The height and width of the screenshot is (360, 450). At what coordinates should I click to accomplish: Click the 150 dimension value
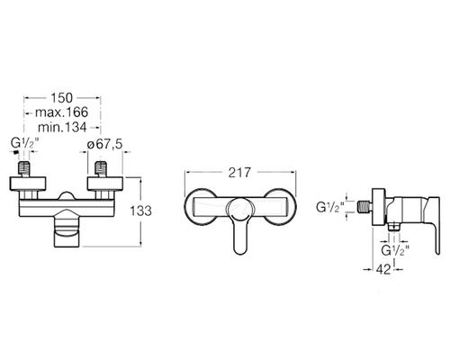coord(62,98)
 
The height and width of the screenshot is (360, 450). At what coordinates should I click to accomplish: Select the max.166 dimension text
coord(62,112)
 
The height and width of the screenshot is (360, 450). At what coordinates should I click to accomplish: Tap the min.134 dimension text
coord(62,127)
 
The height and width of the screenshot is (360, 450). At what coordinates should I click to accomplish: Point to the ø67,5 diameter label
coord(104,144)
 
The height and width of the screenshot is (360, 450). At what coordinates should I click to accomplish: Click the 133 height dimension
coord(140,211)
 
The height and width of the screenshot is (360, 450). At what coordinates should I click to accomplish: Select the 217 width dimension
coord(239,173)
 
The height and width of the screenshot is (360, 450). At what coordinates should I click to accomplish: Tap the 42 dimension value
coord(383,269)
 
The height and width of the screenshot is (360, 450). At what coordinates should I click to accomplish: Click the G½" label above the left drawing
coord(25,143)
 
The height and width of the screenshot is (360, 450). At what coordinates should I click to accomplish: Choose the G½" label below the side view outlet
coord(395,250)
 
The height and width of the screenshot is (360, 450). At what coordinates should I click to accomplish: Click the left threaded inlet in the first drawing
coord(24,169)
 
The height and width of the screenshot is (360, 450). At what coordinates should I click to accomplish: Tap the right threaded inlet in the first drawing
coord(101,169)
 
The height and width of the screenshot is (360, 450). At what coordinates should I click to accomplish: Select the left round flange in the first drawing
coord(28,184)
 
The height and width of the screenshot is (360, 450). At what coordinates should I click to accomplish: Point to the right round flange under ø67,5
coord(104,184)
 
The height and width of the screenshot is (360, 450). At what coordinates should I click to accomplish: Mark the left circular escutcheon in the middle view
coord(185,207)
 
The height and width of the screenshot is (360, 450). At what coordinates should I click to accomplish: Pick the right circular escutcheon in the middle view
coord(295,207)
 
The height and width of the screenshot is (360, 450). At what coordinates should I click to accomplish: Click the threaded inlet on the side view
coord(365,207)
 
